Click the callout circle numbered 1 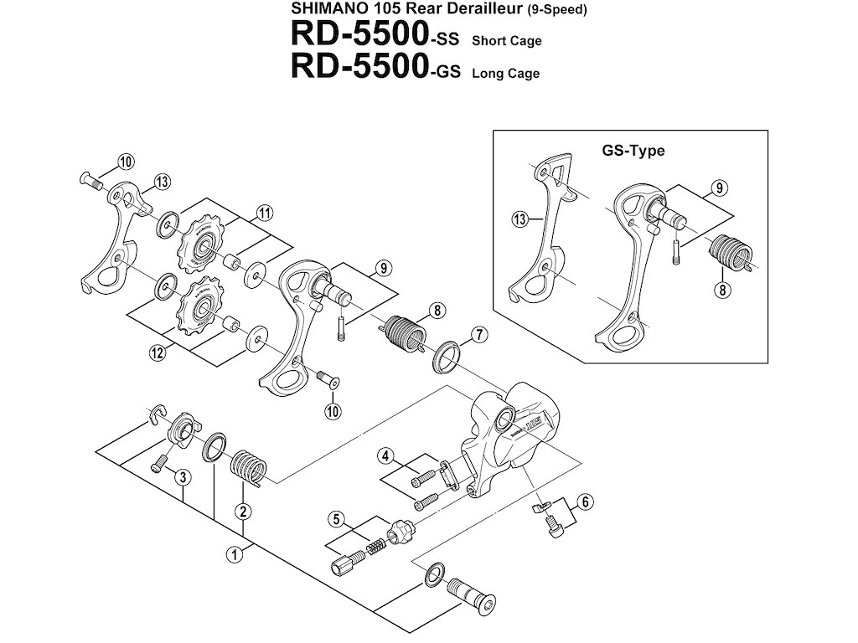[237, 553]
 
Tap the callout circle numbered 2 [242, 511]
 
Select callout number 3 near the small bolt [178, 476]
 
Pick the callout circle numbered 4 [385, 456]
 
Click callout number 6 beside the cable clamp [585, 502]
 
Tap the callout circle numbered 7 [478, 336]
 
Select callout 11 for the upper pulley [265, 213]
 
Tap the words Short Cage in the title [506, 40]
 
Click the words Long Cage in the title [505, 73]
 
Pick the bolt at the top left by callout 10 [88, 178]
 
